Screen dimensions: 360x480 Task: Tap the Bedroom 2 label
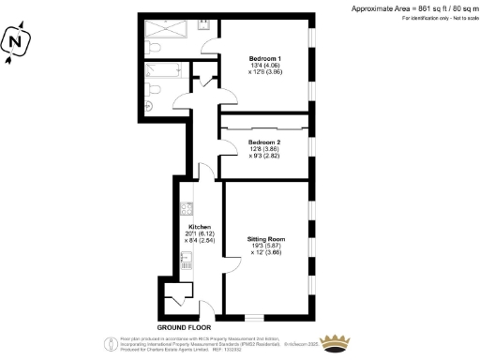click(x=263, y=142)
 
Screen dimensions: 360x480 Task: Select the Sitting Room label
click(x=265, y=240)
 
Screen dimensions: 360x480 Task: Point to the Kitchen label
click(x=199, y=228)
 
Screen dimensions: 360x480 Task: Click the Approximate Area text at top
click(x=412, y=8)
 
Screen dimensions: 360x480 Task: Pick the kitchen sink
click(x=187, y=266)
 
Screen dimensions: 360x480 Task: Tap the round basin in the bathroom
click(x=149, y=105)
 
